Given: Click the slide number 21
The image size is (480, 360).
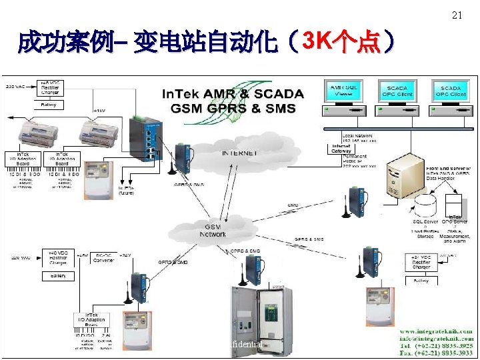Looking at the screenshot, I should [x=457, y=15].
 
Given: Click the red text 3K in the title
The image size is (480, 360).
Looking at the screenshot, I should [x=317, y=41].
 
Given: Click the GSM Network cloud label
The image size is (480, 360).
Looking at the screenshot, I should [x=213, y=231].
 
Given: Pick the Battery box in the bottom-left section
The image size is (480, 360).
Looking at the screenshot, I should [x=58, y=276].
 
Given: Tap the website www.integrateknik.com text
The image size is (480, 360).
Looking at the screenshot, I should [x=436, y=331].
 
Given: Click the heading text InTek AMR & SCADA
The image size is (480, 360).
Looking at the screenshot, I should [x=233, y=94].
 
